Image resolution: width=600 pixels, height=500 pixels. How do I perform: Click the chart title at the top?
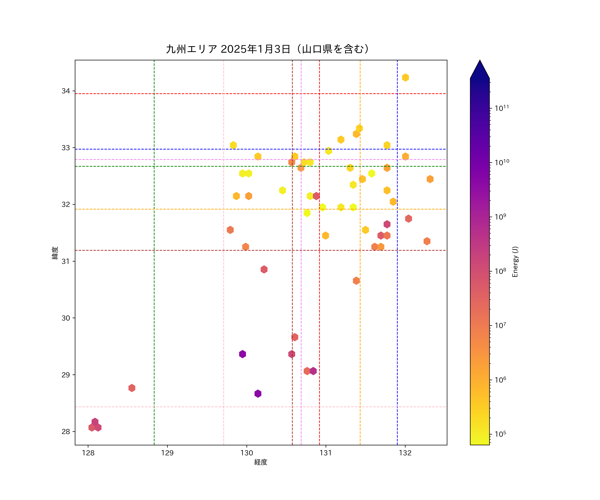click(x=267, y=49)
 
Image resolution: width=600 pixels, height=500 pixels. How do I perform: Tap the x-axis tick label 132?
click(x=405, y=453)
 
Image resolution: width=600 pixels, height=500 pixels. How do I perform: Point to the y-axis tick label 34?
click(x=66, y=91)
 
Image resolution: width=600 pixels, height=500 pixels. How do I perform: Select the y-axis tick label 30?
click(x=66, y=318)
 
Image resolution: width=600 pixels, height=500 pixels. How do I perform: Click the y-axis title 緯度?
click(x=55, y=253)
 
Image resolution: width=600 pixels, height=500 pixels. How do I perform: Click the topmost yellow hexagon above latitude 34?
click(x=405, y=77)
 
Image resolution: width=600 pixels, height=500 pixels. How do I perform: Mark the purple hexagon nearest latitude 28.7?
click(x=258, y=393)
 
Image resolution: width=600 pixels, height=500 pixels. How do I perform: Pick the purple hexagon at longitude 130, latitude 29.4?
click(x=242, y=354)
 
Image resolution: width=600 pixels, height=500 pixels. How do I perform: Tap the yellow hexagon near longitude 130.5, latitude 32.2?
click(x=282, y=190)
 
